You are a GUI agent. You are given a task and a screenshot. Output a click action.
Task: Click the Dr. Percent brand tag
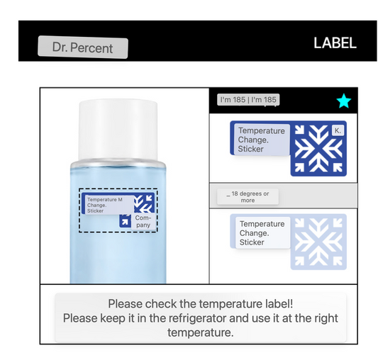[83, 47]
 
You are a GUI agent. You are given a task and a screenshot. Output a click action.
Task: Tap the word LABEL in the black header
[335, 43]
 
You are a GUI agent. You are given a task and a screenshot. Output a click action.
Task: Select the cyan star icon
[344, 101]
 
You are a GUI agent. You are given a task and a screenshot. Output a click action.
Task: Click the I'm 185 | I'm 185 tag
[248, 99]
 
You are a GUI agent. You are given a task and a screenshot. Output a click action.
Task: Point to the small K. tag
[338, 130]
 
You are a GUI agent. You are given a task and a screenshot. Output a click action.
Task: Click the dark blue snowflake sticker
[318, 149]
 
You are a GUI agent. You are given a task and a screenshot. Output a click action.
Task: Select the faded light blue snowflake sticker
[318, 242]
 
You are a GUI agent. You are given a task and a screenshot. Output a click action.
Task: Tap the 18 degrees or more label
[248, 197]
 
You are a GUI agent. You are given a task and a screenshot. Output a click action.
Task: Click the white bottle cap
[118, 130]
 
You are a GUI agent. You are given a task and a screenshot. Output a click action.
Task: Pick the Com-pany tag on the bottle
[143, 221]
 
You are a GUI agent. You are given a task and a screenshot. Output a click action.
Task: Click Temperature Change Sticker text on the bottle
[105, 205]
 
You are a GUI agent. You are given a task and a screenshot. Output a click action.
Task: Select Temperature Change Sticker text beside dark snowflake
[261, 140]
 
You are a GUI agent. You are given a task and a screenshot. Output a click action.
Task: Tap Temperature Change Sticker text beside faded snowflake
[262, 233]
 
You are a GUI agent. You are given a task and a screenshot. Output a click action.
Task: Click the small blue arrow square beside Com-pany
[125, 221]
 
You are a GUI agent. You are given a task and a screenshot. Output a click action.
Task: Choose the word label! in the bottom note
[279, 303]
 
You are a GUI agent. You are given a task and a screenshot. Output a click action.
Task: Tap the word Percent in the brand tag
[91, 48]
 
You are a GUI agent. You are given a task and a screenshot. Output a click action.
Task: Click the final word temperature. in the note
[201, 333]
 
